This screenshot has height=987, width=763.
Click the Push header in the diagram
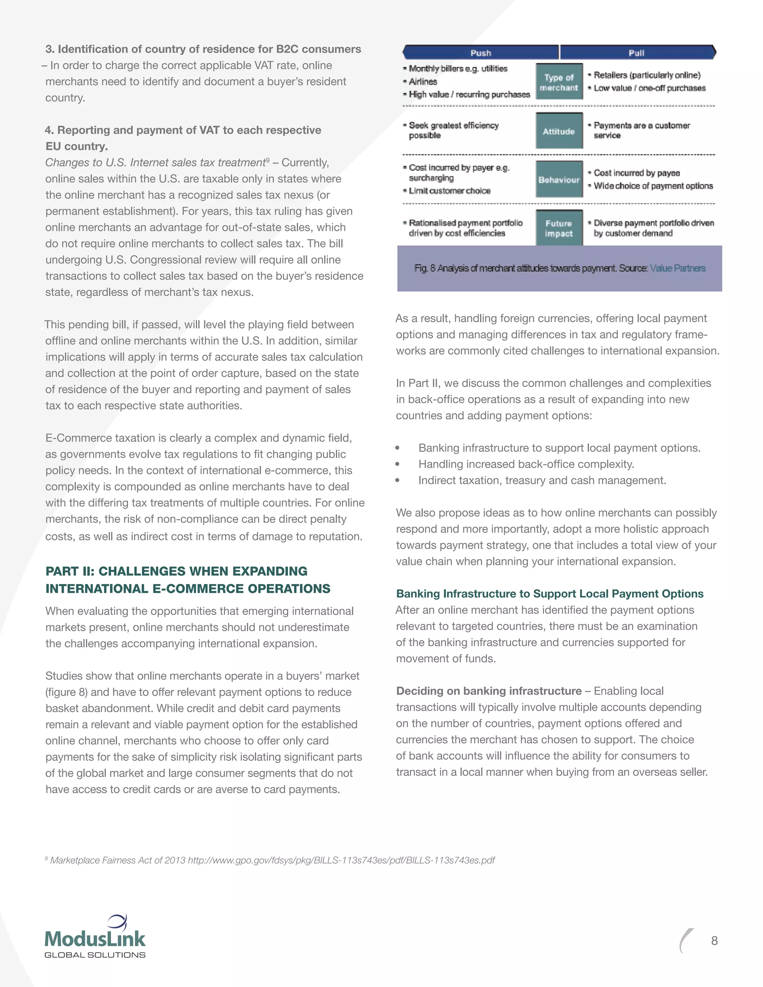[481, 53]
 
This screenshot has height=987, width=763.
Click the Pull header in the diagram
[636, 53]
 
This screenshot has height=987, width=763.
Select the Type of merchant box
[559, 82]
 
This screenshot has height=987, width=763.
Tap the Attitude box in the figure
[559, 131]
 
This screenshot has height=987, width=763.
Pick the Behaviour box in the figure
[559, 180]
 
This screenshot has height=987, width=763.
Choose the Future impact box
[559, 228]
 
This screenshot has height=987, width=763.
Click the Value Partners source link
[678, 268]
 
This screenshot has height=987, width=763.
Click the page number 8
[714, 940]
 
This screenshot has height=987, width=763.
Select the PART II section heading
[188, 580]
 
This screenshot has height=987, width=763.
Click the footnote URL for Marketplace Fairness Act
[341, 860]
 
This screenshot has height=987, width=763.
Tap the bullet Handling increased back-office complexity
[526, 464]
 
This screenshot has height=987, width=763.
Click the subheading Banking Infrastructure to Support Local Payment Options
[550, 593]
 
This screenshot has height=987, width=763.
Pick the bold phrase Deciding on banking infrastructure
[489, 691]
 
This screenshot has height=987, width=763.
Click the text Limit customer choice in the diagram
[449, 191]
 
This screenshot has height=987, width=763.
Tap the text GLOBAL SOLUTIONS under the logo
[95, 955]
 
